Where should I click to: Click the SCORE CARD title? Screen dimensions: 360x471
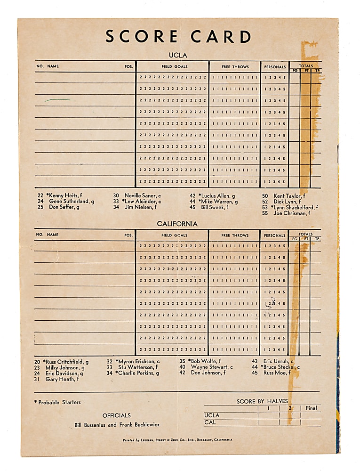pyautogui.click(x=178, y=37)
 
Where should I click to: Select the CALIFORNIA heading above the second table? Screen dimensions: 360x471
pyautogui.click(x=177, y=224)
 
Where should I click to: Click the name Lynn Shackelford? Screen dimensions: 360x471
pyautogui.click(x=292, y=207)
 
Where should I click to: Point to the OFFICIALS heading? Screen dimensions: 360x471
pyautogui.click(x=117, y=415)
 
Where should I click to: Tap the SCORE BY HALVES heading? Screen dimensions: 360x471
pyautogui.click(x=262, y=401)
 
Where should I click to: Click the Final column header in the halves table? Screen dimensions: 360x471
pyautogui.click(x=311, y=408)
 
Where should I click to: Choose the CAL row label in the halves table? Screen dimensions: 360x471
pyautogui.click(x=210, y=422)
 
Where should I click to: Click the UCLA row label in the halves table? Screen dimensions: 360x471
pyautogui.click(x=212, y=415)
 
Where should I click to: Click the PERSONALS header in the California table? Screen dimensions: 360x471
pyautogui.click(x=274, y=235)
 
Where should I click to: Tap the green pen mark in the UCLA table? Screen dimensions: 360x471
pyautogui.click(x=59, y=100)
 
